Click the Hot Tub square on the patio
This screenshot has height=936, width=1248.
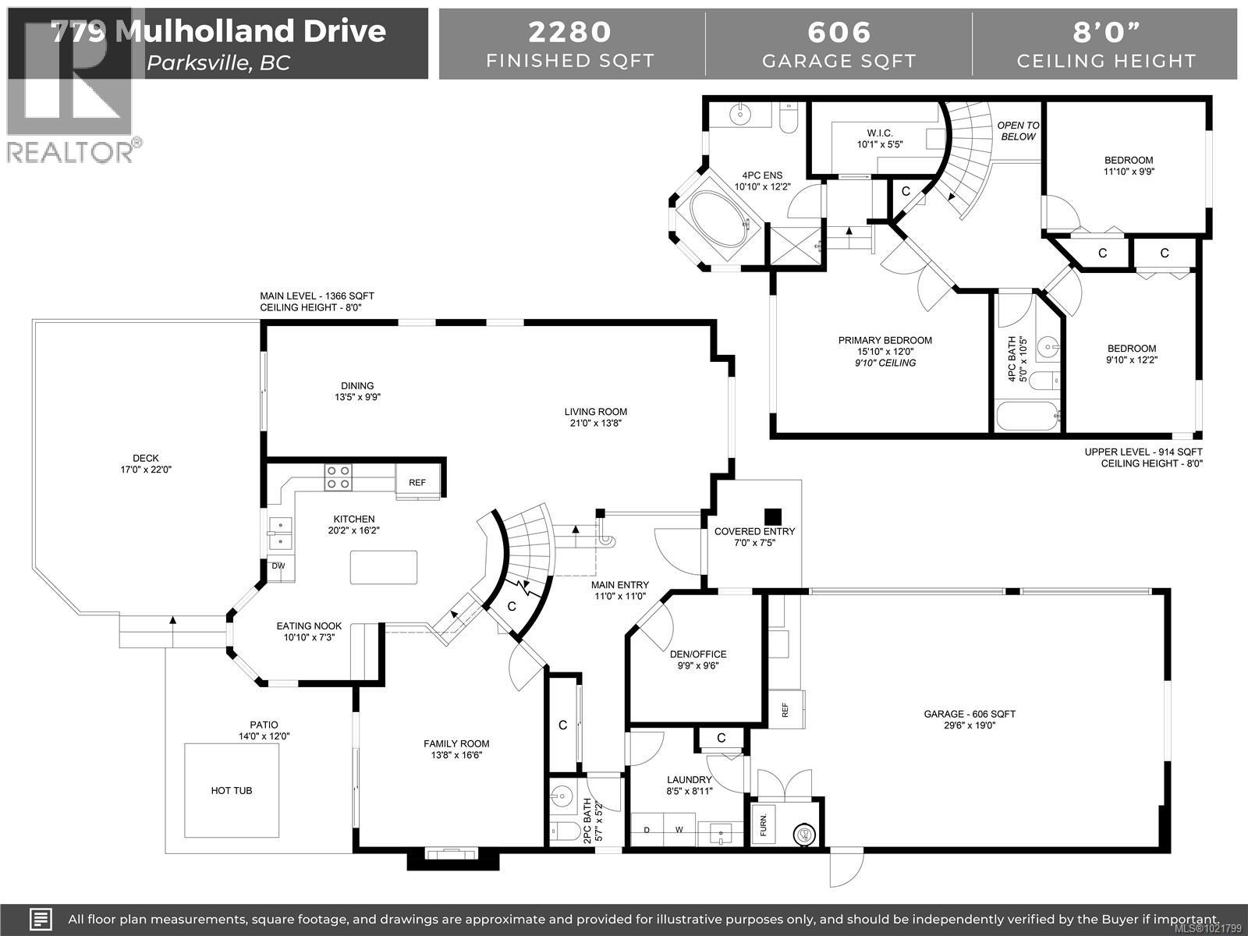pos(232,789)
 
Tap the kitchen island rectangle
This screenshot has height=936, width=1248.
pos(383,567)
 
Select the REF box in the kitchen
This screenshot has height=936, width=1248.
pos(417,482)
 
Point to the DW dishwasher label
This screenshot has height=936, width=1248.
pos(278,566)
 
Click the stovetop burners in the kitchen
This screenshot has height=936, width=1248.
pos(338,477)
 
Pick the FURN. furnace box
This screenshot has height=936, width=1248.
pos(764,822)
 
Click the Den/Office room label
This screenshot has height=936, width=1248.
pos(698,654)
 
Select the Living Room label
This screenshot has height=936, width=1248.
pos(596,412)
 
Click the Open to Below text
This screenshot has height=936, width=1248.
pos(1018,130)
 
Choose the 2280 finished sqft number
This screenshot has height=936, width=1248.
pos(570,32)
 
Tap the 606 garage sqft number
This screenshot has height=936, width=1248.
pos(838,32)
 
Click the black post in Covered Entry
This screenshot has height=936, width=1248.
pos(772,516)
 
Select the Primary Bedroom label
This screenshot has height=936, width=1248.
pos(885,340)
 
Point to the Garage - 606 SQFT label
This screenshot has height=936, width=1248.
pos(970,714)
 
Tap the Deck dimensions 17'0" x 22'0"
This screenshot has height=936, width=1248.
pos(146,470)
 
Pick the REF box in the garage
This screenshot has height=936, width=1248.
pos(785,709)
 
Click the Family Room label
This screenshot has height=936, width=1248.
pos(456,743)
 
